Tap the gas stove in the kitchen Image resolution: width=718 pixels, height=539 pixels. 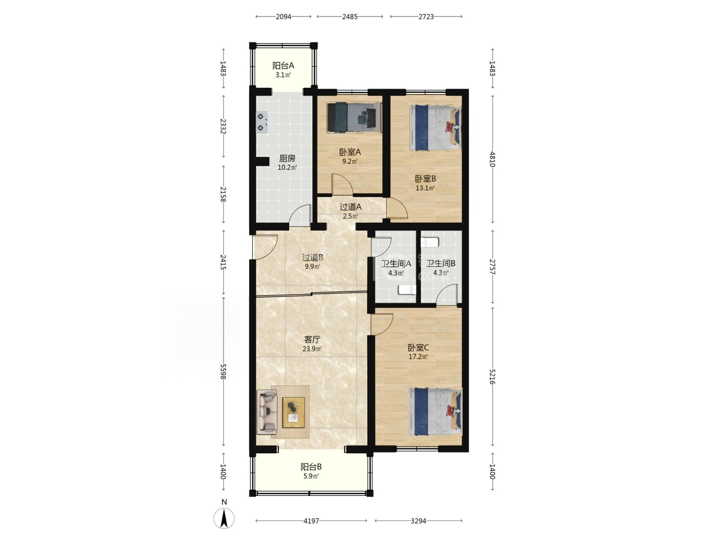point(262,122)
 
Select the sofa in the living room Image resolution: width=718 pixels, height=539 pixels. point(267,412)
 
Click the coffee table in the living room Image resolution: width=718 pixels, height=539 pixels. point(293,412)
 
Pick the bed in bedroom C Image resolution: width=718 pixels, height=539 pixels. point(435,411)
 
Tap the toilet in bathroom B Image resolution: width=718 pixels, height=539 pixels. point(429,242)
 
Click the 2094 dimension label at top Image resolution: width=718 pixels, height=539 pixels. point(283,17)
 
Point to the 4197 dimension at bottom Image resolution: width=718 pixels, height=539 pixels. point(311,521)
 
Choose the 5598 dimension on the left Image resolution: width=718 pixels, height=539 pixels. point(223,372)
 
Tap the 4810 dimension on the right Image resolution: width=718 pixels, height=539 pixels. point(492,159)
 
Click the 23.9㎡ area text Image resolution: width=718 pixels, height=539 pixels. point(312,349)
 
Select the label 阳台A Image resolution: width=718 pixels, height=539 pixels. point(283,66)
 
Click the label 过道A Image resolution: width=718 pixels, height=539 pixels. point(350,207)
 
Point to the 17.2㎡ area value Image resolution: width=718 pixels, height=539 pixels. point(418,357)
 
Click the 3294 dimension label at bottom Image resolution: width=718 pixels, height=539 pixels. point(418,521)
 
